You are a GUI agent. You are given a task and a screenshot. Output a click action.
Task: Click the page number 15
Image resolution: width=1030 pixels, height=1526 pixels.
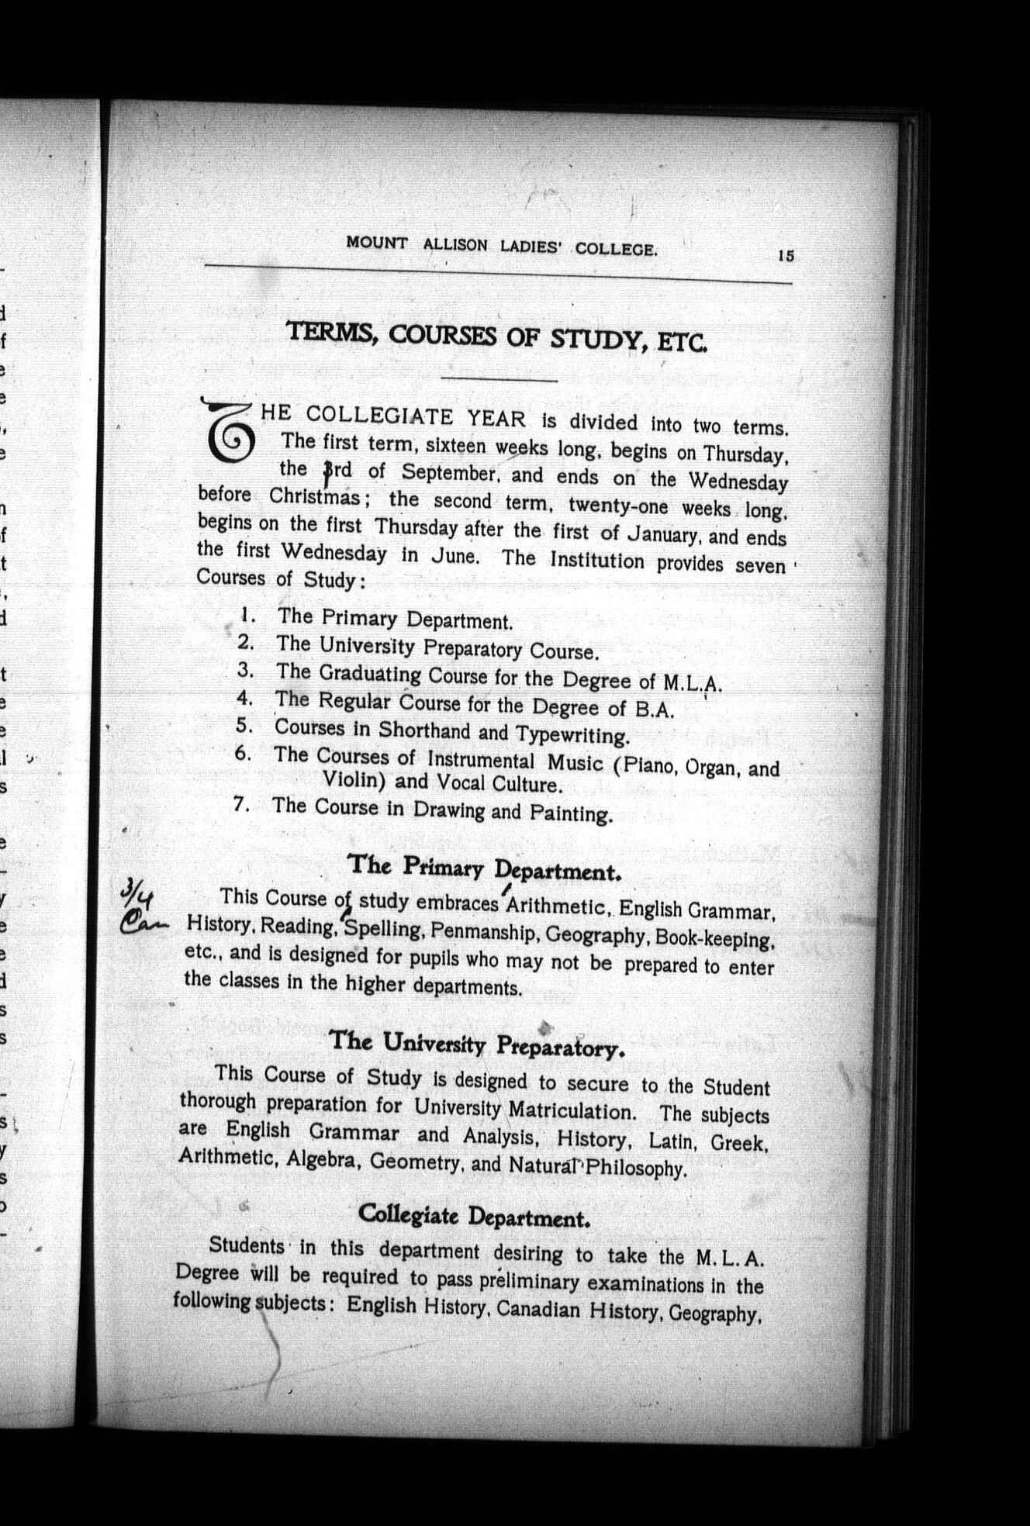click(x=786, y=255)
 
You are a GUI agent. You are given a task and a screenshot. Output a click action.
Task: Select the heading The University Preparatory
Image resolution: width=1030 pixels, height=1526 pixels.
click(x=477, y=1044)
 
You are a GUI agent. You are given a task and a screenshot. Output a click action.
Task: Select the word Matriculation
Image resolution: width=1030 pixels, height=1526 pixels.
click(x=572, y=1110)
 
